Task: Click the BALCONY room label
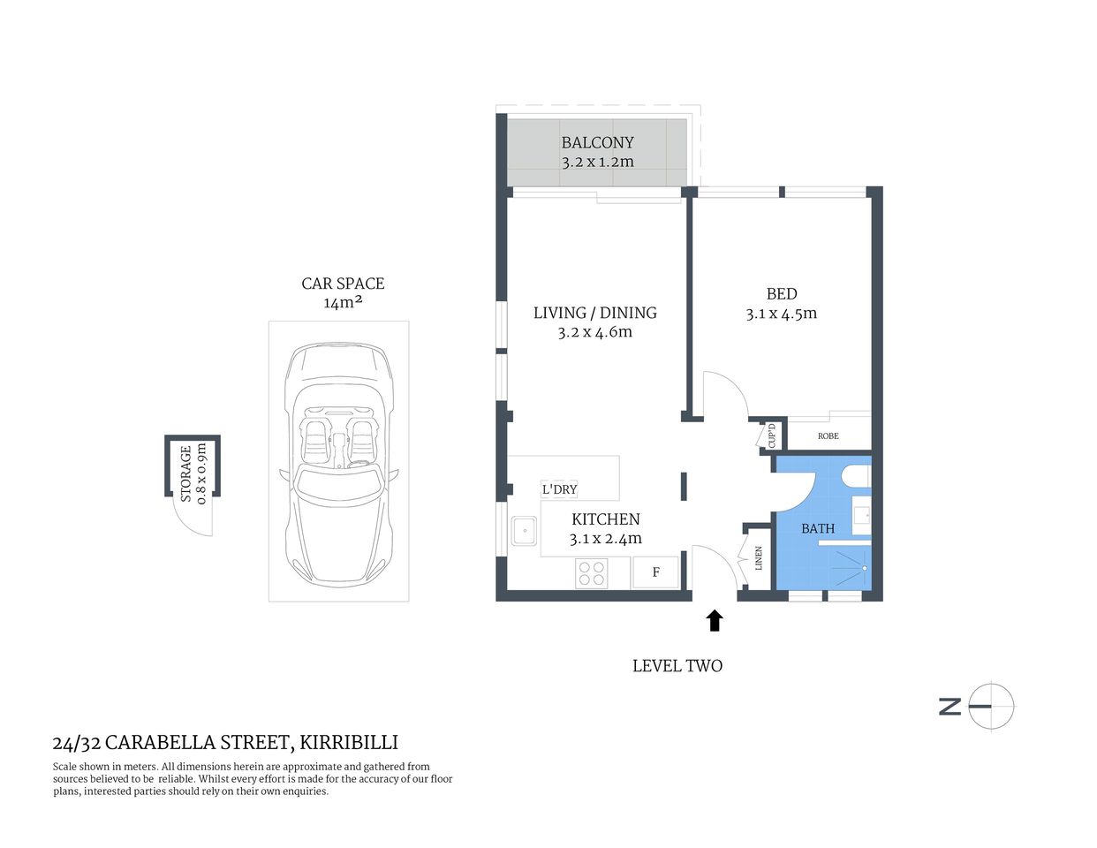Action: coord(597,142)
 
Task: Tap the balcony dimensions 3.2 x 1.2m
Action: coord(597,163)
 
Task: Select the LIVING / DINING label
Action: coord(594,313)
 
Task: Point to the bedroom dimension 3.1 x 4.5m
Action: coord(781,314)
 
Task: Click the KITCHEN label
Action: coord(605,519)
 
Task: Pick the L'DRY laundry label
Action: coord(559,489)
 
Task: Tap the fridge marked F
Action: coord(656,572)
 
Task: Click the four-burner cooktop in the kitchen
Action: coord(591,573)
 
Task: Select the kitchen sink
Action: coord(525,532)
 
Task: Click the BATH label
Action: coord(818,529)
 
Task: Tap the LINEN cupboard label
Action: coord(758,558)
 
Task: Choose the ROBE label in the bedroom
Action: coord(828,436)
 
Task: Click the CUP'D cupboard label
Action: coord(771,435)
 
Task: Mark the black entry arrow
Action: coord(715,621)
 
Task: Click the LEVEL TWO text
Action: coord(677,666)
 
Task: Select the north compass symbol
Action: coord(990,706)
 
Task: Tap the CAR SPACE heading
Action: coord(343,284)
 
